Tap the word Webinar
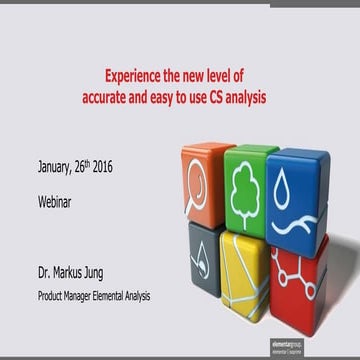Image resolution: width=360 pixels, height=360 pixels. (59, 200)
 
